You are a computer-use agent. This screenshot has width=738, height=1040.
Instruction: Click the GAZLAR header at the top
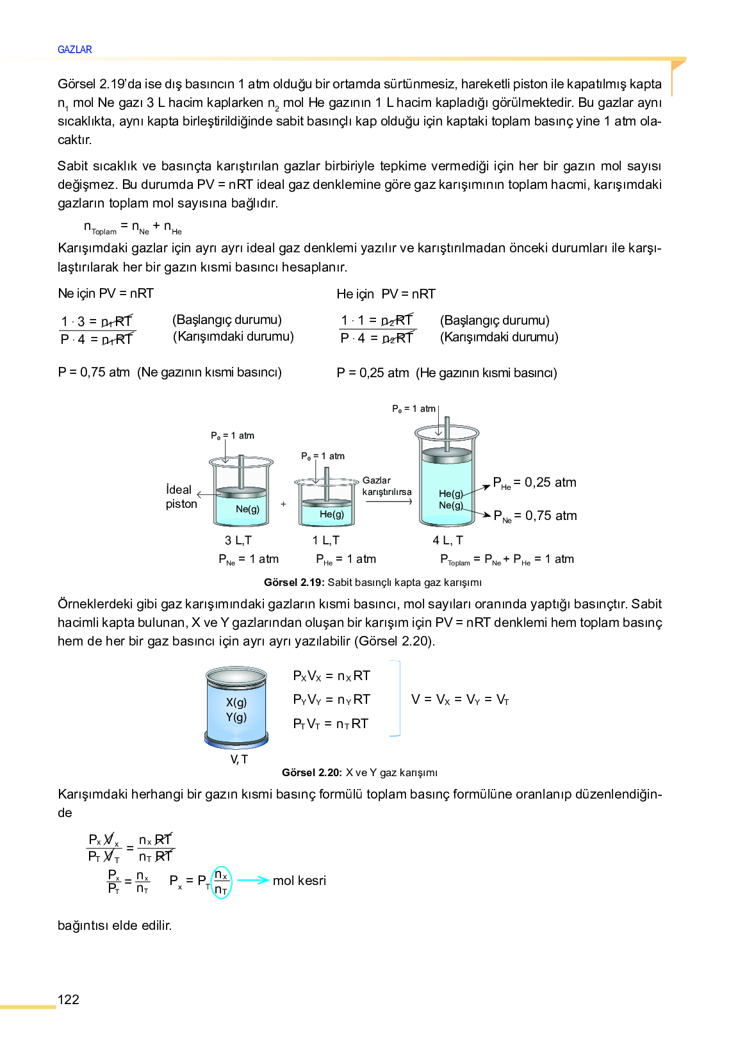pos(74,49)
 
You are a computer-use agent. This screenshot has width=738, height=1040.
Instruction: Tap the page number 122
pos(69,1000)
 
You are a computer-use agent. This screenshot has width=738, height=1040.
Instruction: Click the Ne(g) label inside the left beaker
pos(247,509)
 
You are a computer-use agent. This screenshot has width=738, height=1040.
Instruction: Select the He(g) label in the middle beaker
pos(332,514)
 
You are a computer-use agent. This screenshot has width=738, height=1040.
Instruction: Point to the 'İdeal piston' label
pos(181,497)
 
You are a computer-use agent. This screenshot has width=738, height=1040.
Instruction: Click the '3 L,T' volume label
pos(238,540)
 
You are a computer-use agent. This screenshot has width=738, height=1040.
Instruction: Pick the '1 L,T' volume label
pos(326,540)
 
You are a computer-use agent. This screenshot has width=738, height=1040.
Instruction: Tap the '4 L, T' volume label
pos(448,540)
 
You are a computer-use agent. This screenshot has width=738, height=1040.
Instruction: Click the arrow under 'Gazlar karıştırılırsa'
pos(388,502)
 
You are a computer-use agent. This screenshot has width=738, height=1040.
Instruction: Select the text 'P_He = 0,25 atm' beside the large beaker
pos(535,483)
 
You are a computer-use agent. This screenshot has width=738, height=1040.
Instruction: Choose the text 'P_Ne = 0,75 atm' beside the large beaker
pos(536,516)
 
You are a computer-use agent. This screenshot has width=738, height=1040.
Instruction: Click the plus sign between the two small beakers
pos(283,504)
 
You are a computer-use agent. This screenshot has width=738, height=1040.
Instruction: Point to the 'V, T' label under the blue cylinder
pos(239,760)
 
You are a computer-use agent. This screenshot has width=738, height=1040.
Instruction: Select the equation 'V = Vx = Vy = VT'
pos(460,699)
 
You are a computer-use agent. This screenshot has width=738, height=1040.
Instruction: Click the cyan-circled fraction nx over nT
pos(221,882)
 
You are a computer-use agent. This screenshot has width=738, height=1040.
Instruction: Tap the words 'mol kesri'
pos(299,881)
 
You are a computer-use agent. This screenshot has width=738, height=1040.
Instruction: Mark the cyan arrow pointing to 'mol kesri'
pos(253,881)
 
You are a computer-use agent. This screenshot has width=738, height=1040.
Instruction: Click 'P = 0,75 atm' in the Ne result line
pos(94,372)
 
